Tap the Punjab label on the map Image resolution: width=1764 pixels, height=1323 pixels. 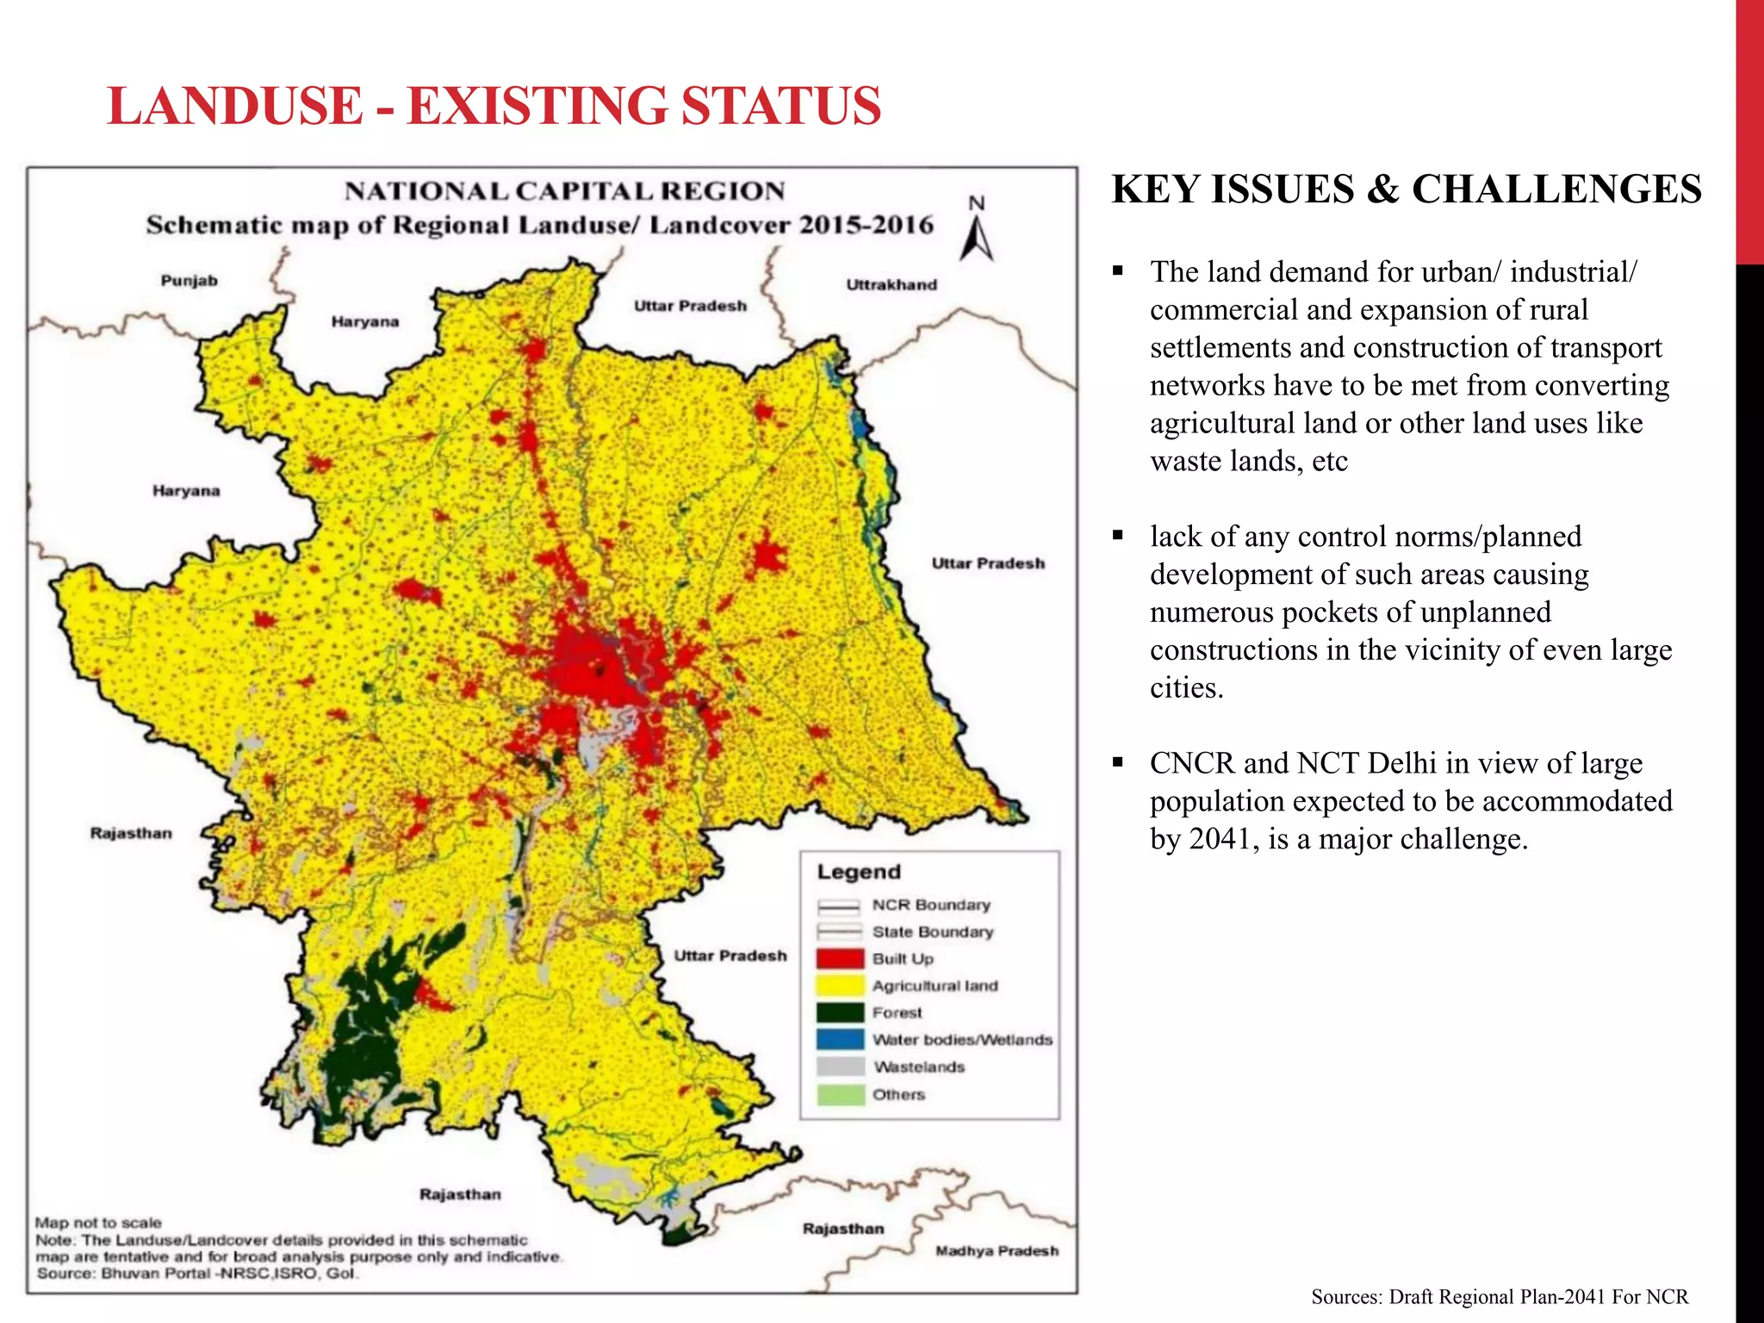click(189, 281)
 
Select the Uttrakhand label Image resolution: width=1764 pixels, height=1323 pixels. click(891, 285)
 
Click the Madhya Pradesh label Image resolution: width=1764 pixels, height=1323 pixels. click(997, 1251)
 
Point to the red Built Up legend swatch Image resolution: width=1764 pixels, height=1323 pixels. click(840, 959)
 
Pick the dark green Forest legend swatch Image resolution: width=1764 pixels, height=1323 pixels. click(840, 1013)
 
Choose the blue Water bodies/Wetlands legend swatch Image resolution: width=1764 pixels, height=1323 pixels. click(840, 1040)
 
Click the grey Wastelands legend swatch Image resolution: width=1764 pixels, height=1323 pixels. click(840, 1067)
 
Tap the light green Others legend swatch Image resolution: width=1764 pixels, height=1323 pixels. click(840, 1095)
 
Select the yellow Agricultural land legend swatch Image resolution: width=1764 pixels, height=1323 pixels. click(840, 985)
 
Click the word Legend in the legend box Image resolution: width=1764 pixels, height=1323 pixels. click(859, 872)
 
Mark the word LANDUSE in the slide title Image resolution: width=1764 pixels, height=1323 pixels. click(235, 106)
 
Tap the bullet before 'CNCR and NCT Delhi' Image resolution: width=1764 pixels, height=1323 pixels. click(1118, 762)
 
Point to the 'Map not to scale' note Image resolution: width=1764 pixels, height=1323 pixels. click(98, 1223)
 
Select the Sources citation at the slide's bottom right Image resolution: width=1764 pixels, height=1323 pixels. click(1499, 1296)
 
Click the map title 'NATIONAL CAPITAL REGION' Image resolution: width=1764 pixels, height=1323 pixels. click(565, 191)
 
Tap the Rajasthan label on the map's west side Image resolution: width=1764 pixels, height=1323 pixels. click(131, 833)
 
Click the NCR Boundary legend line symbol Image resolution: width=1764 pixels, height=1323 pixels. click(839, 905)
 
